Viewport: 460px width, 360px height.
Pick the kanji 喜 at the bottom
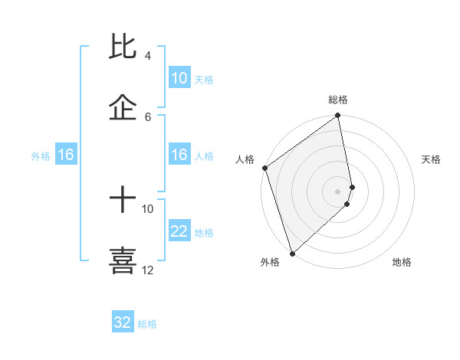point(123,260)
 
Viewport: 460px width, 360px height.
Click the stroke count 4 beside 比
point(148,56)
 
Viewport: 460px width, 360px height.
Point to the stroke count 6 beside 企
point(148,116)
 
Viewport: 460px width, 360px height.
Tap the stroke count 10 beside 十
point(147,208)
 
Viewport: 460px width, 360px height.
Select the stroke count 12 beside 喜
point(147,270)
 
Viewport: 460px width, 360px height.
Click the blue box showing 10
point(179,78)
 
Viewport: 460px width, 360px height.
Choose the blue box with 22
point(179,231)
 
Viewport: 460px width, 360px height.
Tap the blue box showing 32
point(123,322)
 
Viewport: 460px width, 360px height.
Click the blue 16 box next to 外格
point(66,155)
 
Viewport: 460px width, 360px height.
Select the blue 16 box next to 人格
point(179,155)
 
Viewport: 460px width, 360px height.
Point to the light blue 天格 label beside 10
point(204,80)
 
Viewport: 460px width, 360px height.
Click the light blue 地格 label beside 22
point(204,233)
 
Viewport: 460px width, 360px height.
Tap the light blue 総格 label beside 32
point(147,324)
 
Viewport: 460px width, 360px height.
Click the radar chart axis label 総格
point(338,100)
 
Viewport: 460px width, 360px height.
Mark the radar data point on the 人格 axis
point(264,168)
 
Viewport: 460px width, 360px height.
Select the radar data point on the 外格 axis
point(292,254)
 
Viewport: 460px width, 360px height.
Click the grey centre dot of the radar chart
point(338,191)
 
